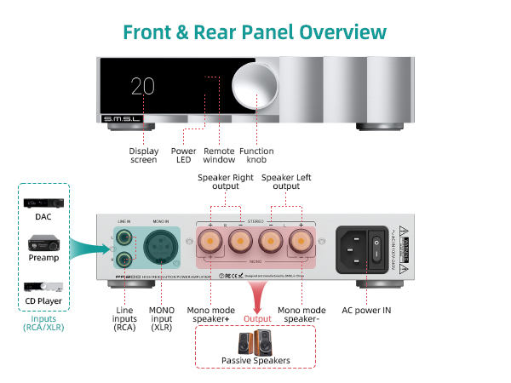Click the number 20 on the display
click(143, 86)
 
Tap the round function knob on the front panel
click(256, 86)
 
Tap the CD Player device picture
click(43, 289)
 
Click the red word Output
click(258, 318)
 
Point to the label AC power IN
click(366, 311)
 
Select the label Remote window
click(219, 156)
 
